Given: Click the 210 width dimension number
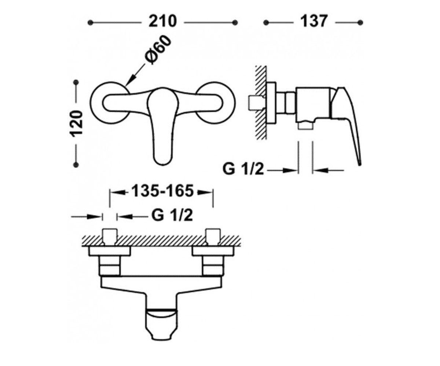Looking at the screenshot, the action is [x=162, y=22].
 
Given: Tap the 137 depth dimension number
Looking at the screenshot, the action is [x=314, y=22].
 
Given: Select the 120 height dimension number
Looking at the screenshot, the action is [x=76, y=124].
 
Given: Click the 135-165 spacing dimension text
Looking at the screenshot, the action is [x=162, y=191].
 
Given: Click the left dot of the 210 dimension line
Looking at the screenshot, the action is [x=91, y=22].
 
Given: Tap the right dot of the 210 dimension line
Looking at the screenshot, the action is [x=235, y=22].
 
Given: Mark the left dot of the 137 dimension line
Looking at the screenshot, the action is [x=266, y=22].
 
